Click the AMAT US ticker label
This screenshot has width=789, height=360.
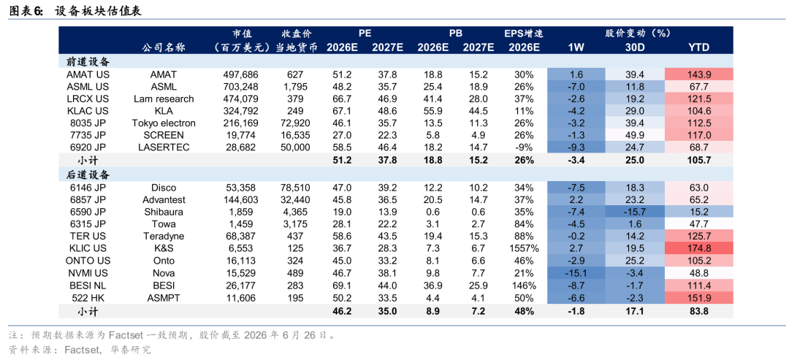tap(88, 74)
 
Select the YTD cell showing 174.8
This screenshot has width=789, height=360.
tap(698, 248)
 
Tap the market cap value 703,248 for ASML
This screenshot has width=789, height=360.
tap(240, 86)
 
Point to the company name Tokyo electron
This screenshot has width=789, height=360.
tap(164, 123)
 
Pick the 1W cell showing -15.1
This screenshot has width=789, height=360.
tap(576, 273)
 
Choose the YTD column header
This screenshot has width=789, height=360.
tap(698, 47)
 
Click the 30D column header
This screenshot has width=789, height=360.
tap(634, 47)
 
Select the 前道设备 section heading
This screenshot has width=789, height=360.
tap(88, 61)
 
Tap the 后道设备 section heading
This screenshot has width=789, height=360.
tap(88, 175)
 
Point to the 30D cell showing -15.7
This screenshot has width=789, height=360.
tap(634, 212)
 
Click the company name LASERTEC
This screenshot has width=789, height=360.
tap(164, 148)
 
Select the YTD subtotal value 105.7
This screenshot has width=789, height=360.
tap(698, 160)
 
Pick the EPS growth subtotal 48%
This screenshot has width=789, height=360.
tap(524, 311)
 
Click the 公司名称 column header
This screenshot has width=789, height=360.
tap(164, 47)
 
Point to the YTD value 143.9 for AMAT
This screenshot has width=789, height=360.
tap(698, 74)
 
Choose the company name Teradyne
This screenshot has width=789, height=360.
tap(164, 237)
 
